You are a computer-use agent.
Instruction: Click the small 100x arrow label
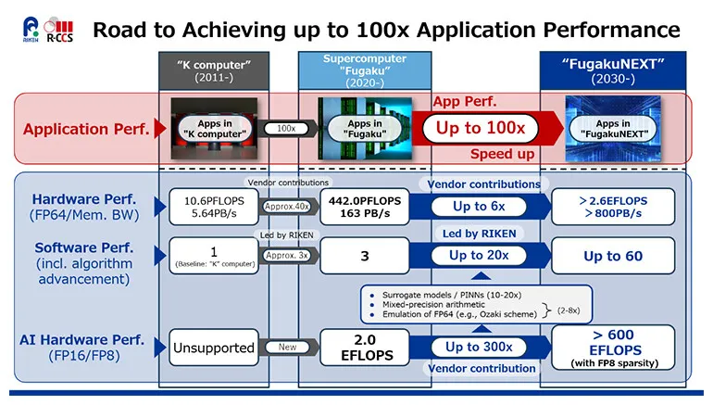285,129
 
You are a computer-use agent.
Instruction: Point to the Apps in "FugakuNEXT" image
615,129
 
